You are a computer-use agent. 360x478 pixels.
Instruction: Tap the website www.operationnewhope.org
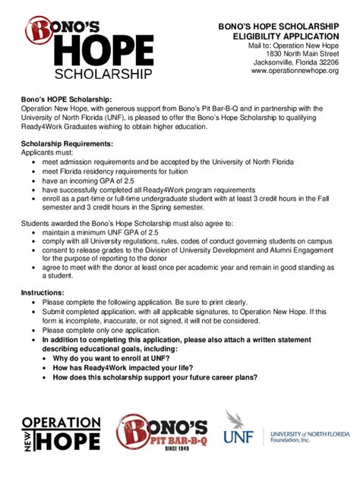click(295, 71)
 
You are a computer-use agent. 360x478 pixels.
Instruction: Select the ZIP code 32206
click(326, 62)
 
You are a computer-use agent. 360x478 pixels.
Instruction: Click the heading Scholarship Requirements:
click(67, 143)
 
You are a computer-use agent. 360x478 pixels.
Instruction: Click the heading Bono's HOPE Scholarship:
click(66, 99)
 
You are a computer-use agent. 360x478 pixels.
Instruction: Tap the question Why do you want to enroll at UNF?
click(122, 357)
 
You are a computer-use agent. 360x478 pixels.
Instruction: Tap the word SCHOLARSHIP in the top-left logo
click(103, 74)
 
